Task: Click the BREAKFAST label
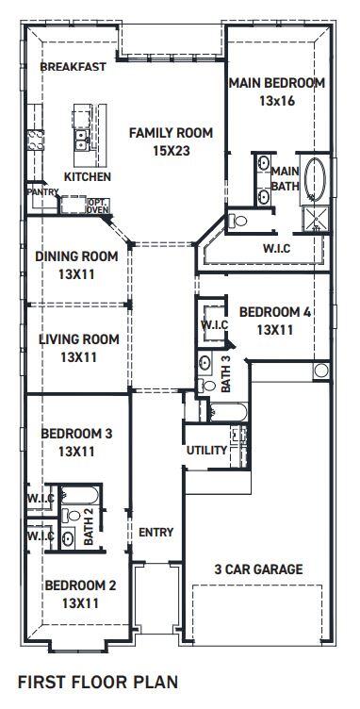pos(73,68)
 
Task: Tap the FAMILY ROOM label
pos(171,133)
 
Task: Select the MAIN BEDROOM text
pos(277,83)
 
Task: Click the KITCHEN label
pos(87,177)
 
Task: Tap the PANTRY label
pos(42,192)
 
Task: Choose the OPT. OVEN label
pos(97,206)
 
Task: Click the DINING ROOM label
pos(76,256)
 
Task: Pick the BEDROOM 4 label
pos(274,312)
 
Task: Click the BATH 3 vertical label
pos(225,372)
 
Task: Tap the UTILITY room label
pos(206,451)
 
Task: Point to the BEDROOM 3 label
pos(76,434)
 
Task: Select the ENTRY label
pos(155,533)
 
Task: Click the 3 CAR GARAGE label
pos(257,569)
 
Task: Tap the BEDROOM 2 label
pos(80,585)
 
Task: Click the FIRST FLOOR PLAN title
pos(97,680)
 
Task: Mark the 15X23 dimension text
pos(171,149)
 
